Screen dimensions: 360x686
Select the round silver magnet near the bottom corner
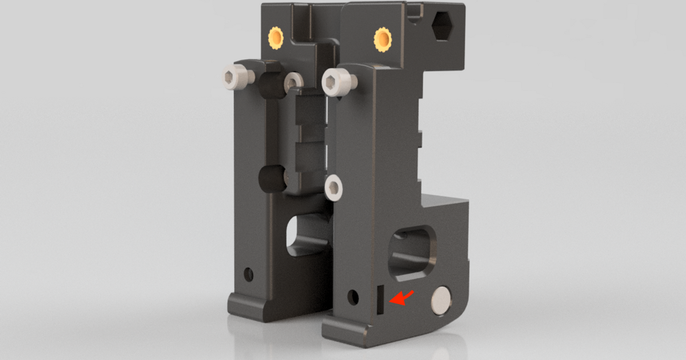tap(442, 300)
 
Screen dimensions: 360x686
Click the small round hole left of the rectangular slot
tap(353, 297)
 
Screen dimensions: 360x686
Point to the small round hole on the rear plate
tap(248, 274)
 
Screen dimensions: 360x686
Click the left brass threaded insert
tap(276, 38)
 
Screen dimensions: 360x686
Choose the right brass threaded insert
tap(382, 39)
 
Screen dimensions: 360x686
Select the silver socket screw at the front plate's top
tap(333, 82)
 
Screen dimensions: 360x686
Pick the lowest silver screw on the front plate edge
tap(333, 187)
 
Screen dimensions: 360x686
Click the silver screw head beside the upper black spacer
tap(293, 81)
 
